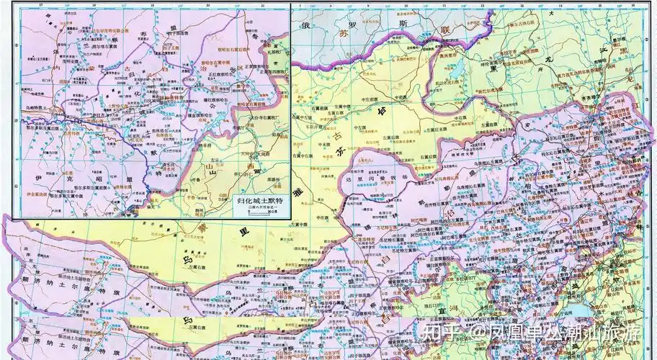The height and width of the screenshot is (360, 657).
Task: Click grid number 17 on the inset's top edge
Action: (x=40, y=4)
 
